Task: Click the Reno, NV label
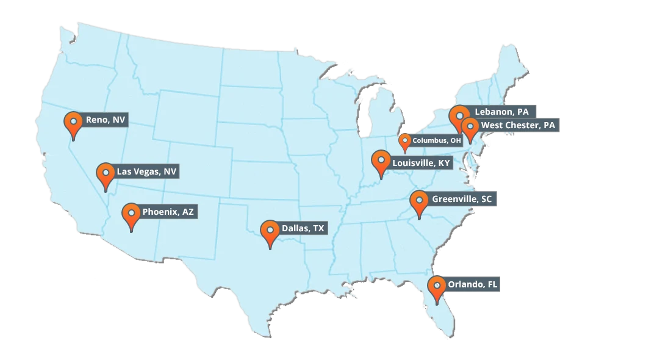pyautogui.click(x=106, y=120)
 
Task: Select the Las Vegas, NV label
pyautogui.click(x=146, y=172)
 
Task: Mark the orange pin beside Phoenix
pyautogui.click(x=131, y=214)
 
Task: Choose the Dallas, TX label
pyautogui.click(x=303, y=229)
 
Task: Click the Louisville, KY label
pyautogui.click(x=421, y=164)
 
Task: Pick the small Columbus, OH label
pyautogui.click(x=437, y=140)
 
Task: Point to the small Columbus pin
pyautogui.click(x=404, y=142)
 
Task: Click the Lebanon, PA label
pyautogui.click(x=501, y=112)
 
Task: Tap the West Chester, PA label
pyautogui.click(x=518, y=125)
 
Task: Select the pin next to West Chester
pyautogui.click(x=470, y=128)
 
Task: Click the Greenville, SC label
pyautogui.click(x=461, y=200)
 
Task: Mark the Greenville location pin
pyautogui.click(x=418, y=201)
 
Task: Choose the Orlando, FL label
pyautogui.click(x=472, y=285)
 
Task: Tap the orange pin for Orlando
pyautogui.click(x=436, y=286)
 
